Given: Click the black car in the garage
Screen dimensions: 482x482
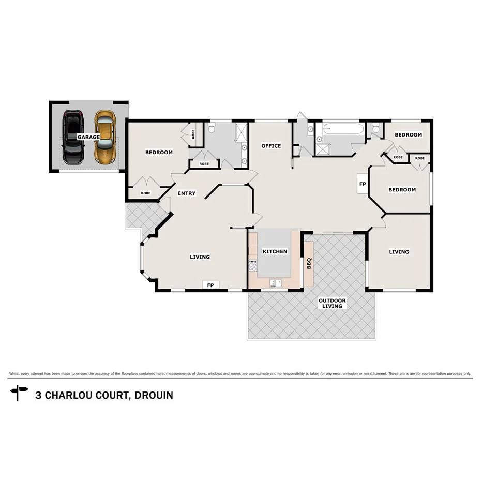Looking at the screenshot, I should click(72, 138).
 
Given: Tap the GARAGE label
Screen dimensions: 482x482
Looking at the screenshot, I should click(88, 137).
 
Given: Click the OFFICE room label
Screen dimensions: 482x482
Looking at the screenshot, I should click(271, 146).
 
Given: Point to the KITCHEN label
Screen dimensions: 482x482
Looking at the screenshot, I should click(275, 251).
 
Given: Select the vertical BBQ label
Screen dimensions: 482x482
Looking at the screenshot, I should click(309, 263).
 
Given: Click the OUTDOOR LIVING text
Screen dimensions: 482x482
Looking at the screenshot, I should click(332, 303).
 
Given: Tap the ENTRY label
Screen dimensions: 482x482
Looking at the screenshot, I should click(187, 193).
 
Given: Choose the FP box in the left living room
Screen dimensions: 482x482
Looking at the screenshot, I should click(210, 285).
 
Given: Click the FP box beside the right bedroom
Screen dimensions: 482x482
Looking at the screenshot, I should click(363, 184).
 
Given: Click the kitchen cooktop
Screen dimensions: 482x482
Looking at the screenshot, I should click(253, 266).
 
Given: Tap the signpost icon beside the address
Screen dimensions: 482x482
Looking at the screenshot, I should click(20, 393).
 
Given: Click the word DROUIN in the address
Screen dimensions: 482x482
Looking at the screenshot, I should click(153, 396).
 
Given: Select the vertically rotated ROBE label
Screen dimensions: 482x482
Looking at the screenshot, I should click(193, 134).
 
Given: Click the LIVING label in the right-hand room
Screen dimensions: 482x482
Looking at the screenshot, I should click(399, 252).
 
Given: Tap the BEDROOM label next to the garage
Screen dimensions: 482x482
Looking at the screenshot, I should click(159, 152).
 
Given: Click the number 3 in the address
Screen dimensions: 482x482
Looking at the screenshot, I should click(38, 396).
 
